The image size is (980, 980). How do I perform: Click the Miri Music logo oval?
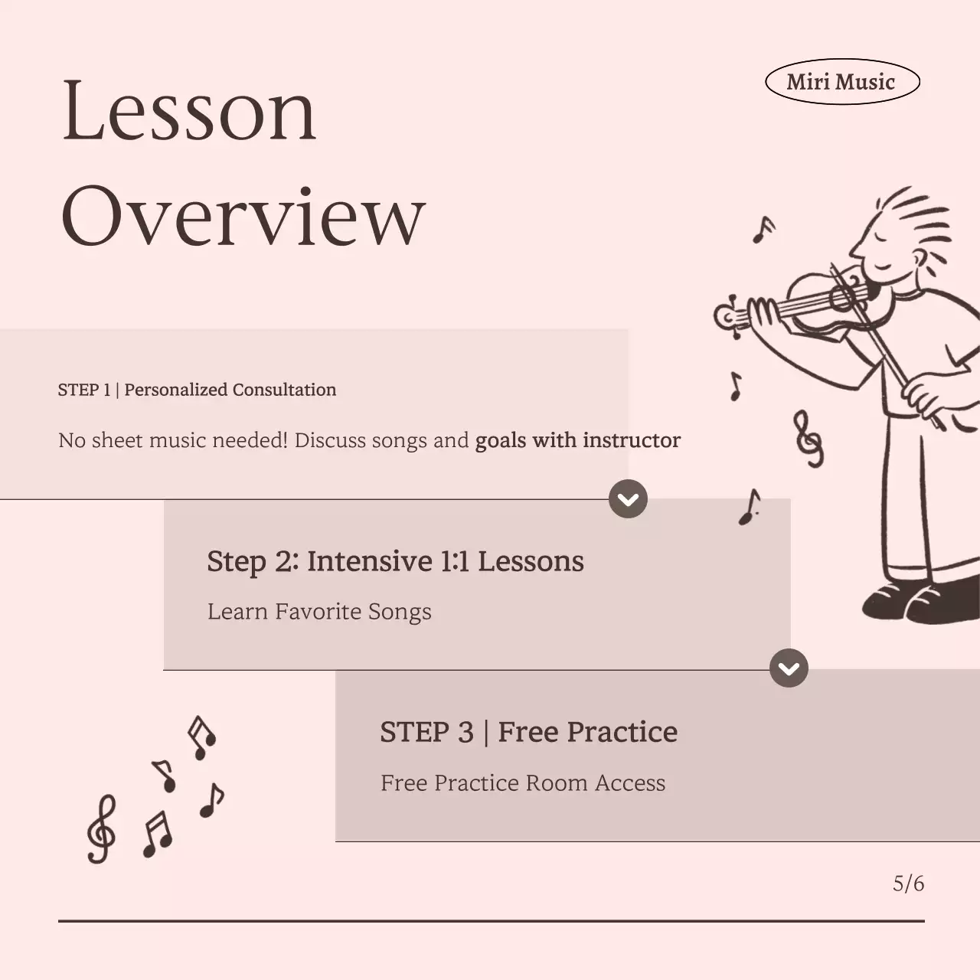coord(841,82)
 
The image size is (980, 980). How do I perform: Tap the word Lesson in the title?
coord(188,110)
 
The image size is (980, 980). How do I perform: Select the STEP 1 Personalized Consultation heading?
coord(197,390)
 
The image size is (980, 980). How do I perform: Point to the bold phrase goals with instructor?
coord(577,440)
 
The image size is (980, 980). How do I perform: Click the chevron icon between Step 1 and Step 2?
coord(628,499)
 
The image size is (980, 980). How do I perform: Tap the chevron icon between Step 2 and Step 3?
coord(789,668)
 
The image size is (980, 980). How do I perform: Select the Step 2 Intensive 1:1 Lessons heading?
coord(395,561)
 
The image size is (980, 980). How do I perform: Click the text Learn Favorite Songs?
coord(319,612)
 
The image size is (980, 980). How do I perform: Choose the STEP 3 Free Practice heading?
coord(528,732)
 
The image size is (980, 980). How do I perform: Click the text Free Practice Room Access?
coord(523,782)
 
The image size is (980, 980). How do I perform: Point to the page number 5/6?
coord(908,884)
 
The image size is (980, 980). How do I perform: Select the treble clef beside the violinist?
coord(808,438)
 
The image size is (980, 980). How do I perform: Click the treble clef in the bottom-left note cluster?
coord(101,829)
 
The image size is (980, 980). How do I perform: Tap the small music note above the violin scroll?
coord(763,228)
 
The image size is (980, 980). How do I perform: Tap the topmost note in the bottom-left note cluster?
coord(202,737)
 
